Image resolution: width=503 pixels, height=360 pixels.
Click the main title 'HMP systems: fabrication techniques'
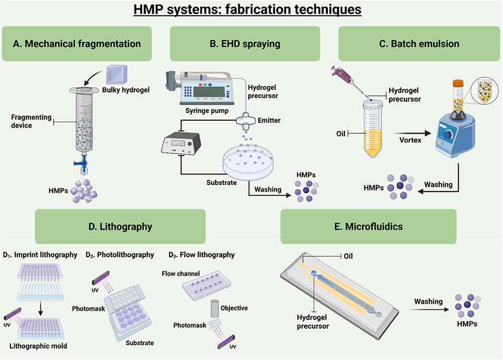(251, 9)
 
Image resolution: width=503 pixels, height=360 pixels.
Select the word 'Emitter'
(269, 121)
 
